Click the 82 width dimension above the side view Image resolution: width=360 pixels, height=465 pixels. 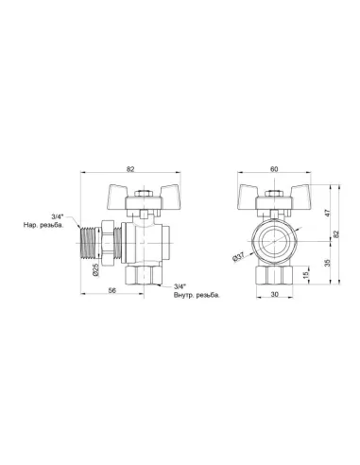click(130, 168)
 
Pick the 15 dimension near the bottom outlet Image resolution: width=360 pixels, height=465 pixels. click(303, 275)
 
